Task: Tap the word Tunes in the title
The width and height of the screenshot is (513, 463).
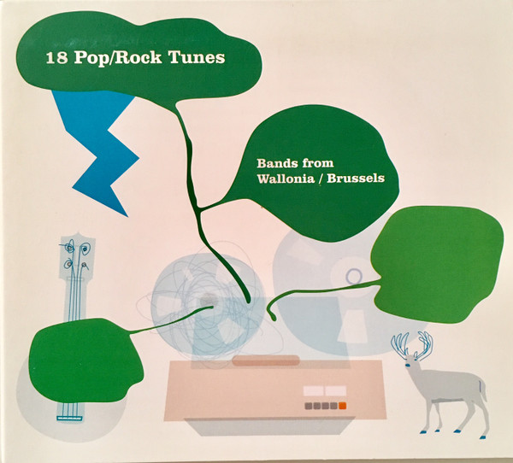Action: pos(197,57)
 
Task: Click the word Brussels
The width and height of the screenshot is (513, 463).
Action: pos(356,179)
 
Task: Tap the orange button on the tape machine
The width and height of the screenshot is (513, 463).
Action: pos(343,406)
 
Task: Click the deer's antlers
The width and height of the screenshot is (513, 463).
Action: pos(413,344)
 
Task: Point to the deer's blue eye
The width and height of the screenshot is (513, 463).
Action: pos(408,365)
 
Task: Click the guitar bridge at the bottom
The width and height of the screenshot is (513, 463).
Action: pos(69,418)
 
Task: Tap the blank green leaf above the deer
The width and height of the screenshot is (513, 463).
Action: pos(438,264)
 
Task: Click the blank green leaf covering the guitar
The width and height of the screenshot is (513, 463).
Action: pos(85,360)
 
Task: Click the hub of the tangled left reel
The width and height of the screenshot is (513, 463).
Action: pos(209,298)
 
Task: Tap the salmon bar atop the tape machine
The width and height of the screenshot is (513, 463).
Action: pos(266,360)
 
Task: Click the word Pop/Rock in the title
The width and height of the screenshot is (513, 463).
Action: pos(118,58)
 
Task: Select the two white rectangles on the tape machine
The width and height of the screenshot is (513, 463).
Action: pos(325,390)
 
